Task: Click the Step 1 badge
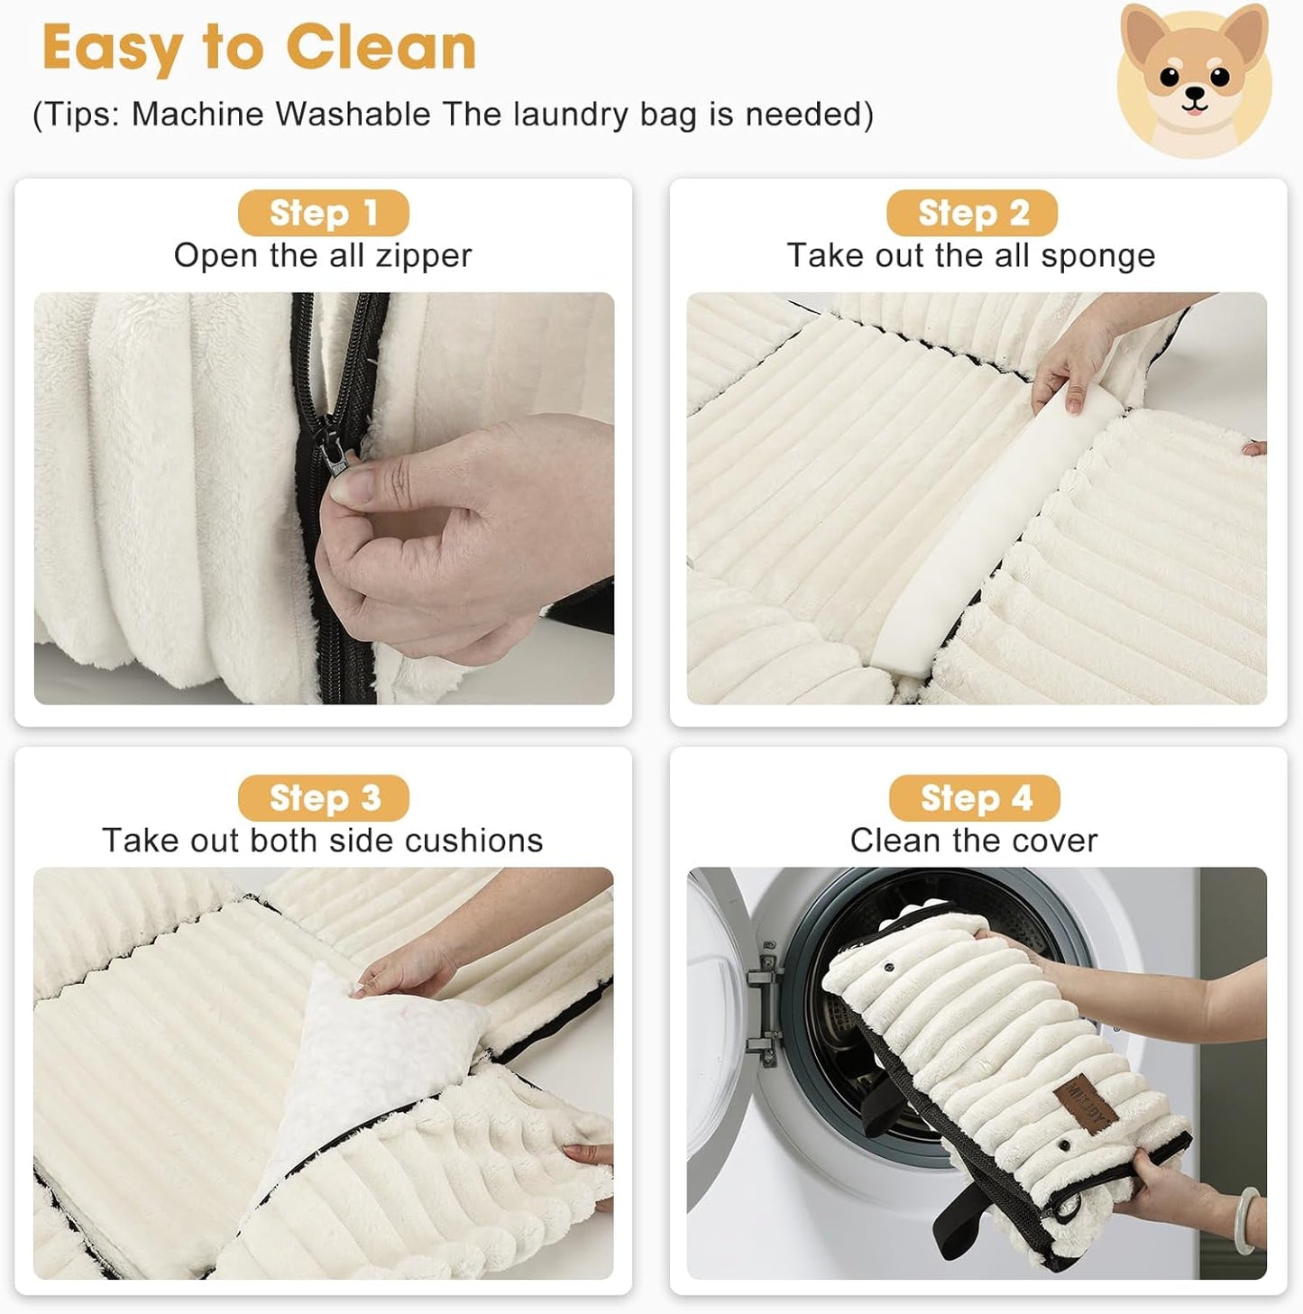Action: tap(323, 214)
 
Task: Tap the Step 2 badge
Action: tap(972, 214)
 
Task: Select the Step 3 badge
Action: tap(323, 798)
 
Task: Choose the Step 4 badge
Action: tap(974, 798)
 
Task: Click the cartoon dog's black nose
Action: tap(1194, 93)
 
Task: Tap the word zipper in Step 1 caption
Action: tap(423, 256)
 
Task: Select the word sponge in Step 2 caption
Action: tap(1097, 256)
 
